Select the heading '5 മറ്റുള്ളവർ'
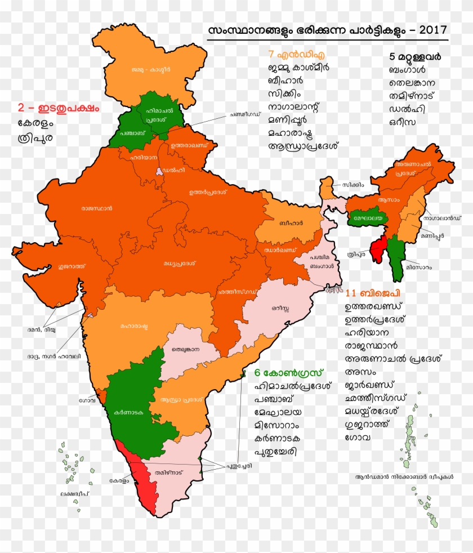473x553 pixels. [x=414, y=57]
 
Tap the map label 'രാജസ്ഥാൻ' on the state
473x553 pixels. [x=96, y=208]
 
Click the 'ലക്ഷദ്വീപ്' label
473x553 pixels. [x=75, y=494]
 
